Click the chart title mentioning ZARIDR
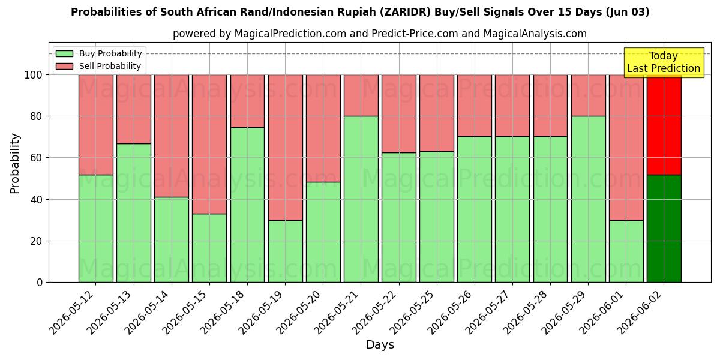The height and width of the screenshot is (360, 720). (360, 12)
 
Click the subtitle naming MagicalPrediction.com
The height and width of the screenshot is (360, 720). (380, 34)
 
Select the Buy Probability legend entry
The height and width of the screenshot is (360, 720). (98, 53)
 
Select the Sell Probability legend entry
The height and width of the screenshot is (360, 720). (98, 66)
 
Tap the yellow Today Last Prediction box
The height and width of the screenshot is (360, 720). (664, 62)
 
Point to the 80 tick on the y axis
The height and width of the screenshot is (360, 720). (36, 116)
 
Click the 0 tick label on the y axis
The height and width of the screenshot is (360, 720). (40, 283)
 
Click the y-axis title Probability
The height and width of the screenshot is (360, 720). (14, 163)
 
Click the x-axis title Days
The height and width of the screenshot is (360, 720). (380, 344)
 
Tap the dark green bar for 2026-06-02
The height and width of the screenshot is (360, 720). (664, 229)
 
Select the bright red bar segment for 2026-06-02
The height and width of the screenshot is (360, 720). (664, 125)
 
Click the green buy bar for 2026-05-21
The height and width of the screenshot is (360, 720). (361, 199)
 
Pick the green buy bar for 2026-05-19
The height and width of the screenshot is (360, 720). (286, 251)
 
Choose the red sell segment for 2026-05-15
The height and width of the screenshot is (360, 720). (209, 145)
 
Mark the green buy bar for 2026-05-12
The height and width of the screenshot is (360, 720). (96, 229)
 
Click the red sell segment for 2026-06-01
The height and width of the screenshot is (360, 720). (626, 148)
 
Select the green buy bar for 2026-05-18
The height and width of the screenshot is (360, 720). (247, 205)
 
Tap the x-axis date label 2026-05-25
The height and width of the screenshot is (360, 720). (412, 313)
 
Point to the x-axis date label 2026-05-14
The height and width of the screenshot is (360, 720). (146, 313)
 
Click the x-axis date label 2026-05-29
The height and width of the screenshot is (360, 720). (563, 313)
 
